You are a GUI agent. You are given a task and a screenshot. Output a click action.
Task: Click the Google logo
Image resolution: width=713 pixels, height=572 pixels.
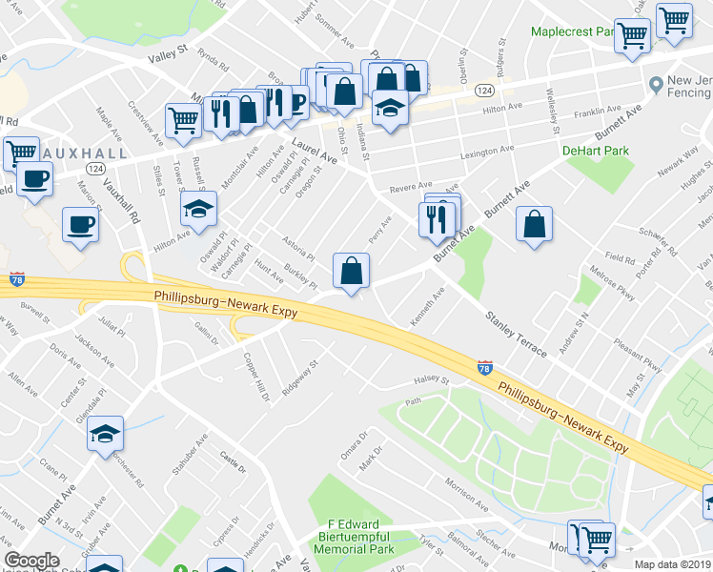(31, 561)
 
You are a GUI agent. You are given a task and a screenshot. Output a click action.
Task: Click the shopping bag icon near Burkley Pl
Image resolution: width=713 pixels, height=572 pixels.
(352, 270)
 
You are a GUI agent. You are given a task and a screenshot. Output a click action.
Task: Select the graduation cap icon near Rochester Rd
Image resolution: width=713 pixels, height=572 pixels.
(105, 435)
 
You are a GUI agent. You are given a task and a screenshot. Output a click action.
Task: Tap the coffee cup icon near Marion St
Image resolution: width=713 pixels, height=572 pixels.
(80, 225)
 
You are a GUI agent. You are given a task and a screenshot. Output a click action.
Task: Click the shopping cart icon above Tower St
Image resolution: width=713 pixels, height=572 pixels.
(183, 120)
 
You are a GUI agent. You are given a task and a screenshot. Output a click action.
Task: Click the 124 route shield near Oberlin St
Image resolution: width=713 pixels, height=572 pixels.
(485, 90)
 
